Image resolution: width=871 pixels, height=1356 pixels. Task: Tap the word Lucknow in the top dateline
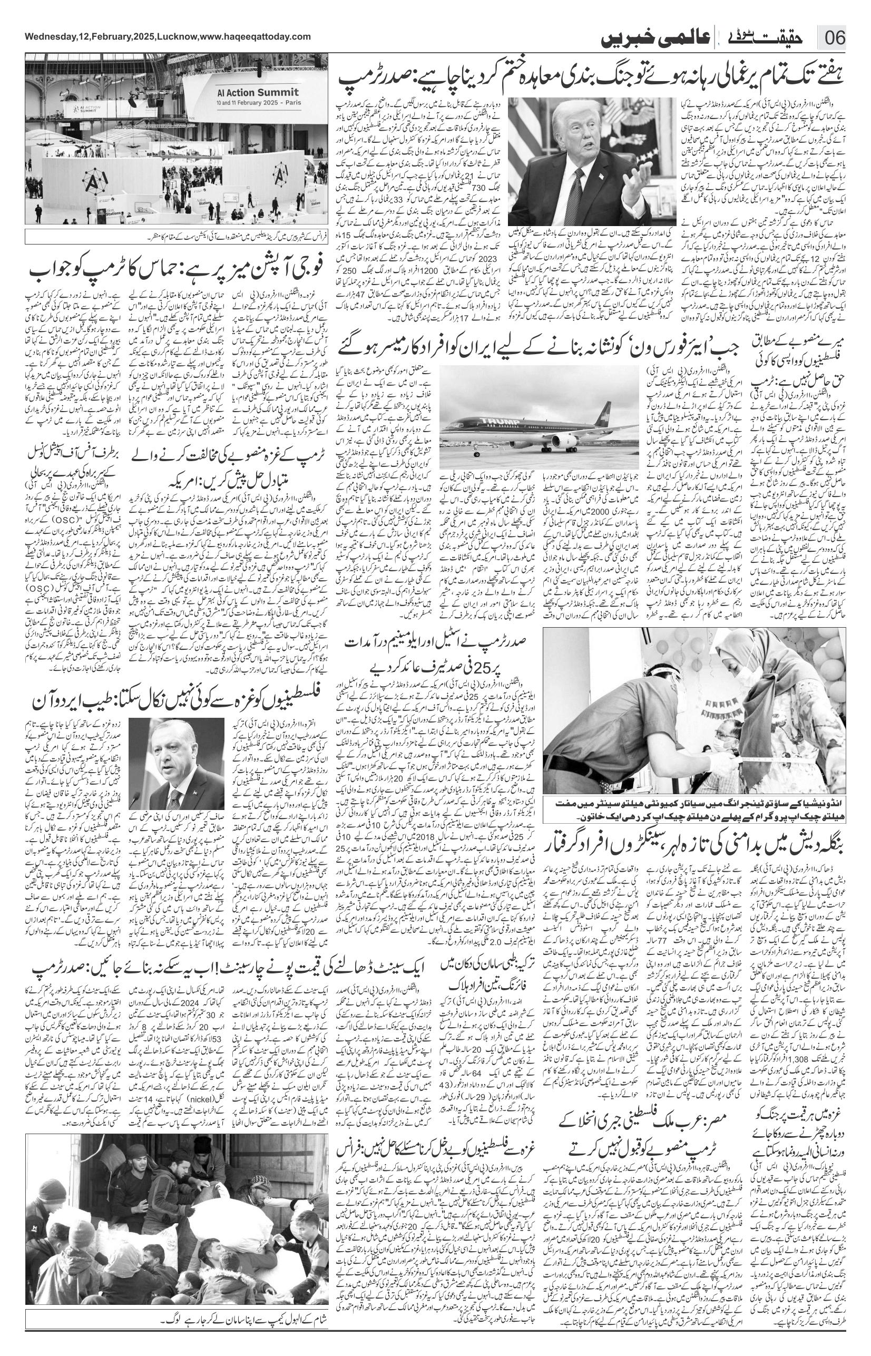[177, 37]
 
